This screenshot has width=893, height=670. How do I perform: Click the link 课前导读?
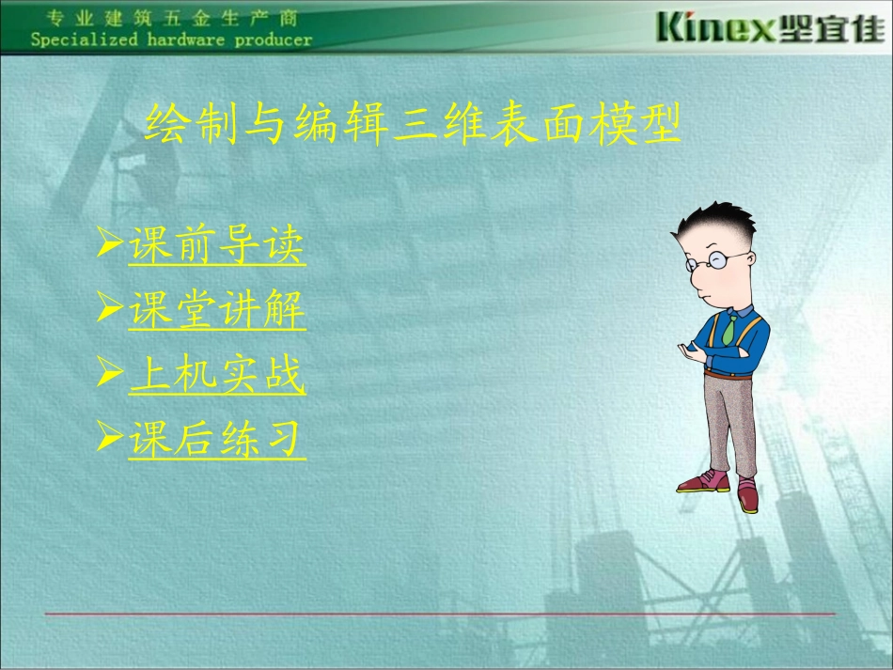coord(217,246)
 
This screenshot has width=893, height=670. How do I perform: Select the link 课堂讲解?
coord(217,311)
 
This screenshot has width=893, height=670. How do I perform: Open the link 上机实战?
coord(217,376)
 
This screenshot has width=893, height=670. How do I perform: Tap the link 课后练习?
coord(217,439)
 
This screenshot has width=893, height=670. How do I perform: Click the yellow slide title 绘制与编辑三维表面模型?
coord(411,126)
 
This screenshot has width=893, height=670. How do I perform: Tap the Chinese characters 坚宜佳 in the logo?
coord(823,28)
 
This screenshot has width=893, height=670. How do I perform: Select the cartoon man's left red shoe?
coord(704,482)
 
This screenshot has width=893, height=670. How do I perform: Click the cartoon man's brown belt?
coord(728,374)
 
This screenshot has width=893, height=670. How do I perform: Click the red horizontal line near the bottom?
coord(439,614)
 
